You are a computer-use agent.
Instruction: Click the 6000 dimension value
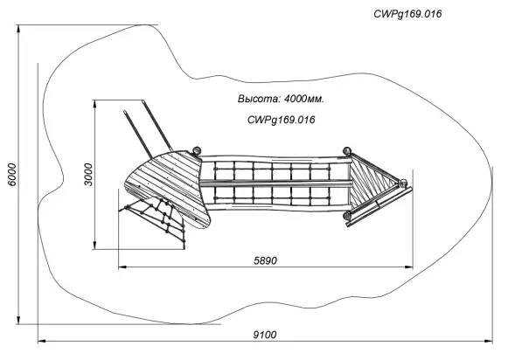[x=12, y=174]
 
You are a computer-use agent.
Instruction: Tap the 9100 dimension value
[x=265, y=335]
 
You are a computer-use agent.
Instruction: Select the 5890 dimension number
[x=266, y=260]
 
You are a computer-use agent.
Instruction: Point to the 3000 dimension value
[x=88, y=174]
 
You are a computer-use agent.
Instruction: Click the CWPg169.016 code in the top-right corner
[x=407, y=14]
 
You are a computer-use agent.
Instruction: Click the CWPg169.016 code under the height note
[x=282, y=120]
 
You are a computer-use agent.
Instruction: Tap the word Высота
[x=259, y=99]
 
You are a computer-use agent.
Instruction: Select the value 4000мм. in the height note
[x=304, y=99]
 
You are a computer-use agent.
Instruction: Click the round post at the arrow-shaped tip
[x=403, y=183]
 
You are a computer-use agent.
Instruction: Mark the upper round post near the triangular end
[x=347, y=151]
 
